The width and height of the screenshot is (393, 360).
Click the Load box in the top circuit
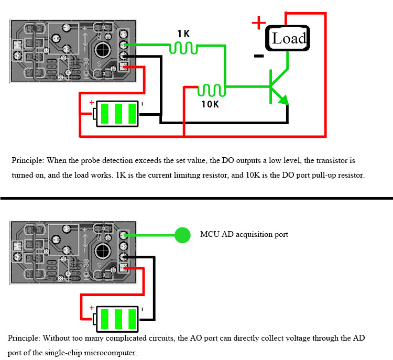[288, 38]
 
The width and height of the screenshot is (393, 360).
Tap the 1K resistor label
[183, 34]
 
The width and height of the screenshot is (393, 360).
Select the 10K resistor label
[210, 104]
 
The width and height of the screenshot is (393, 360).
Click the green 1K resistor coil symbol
[183, 48]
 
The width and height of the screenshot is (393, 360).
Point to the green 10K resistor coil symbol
[211, 91]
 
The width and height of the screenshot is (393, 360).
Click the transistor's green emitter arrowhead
[283, 100]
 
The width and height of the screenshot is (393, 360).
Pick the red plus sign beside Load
[258, 23]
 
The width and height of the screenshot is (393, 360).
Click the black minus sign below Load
[258, 56]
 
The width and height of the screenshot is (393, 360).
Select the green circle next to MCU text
[182, 235]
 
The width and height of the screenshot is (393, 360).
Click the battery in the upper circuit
[118, 113]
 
